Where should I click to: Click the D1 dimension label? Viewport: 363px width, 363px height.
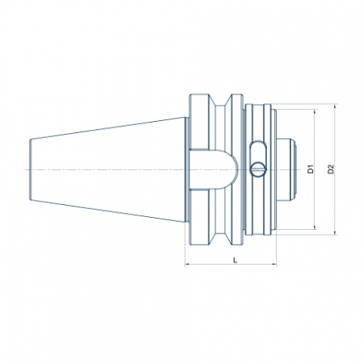pos(311,169)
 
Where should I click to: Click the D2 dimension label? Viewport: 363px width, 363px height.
pos(331,169)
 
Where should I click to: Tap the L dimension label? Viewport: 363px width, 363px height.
pos(236,260)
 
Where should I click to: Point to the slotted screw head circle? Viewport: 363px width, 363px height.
pos(258,169)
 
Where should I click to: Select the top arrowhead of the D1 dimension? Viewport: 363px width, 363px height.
pos(315,111)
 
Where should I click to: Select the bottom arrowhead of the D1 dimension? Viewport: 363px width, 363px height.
pos(315,227)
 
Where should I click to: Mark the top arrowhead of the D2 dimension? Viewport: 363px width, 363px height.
pos(335,106)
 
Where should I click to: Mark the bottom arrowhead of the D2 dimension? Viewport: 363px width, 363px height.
pos(335,232)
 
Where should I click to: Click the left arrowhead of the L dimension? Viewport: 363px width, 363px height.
pos(187,265)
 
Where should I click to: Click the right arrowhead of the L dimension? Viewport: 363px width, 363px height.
pos(273,265)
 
